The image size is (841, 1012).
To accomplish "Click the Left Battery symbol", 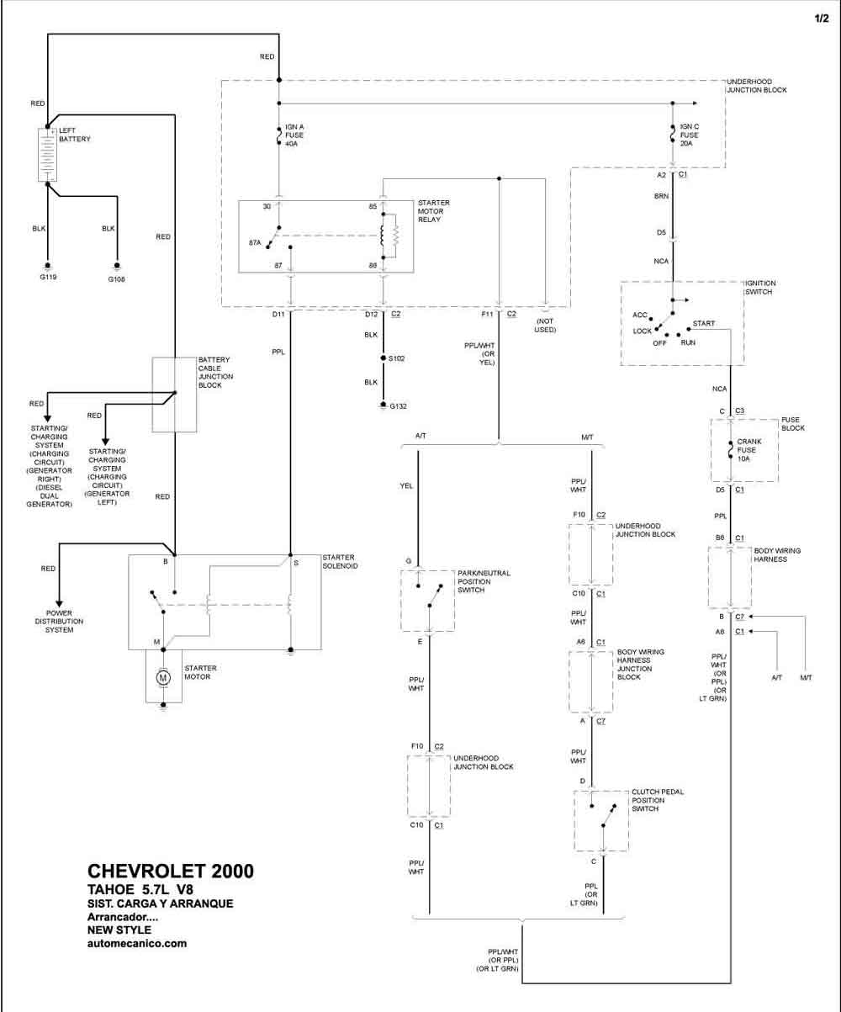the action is coord(47,155).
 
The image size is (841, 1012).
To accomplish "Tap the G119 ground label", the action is coord(48,278).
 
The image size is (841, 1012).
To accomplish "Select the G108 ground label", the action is coord(116,279).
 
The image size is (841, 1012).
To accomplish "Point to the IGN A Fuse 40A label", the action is coord(294,135).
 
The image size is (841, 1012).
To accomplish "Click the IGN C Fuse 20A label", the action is coord(689,135).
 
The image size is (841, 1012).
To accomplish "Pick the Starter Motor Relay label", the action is coord(434,211).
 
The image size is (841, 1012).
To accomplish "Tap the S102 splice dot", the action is coord(383,358).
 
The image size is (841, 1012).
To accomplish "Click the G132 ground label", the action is coord(399,406).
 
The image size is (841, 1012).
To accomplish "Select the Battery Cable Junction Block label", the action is coord(215,372).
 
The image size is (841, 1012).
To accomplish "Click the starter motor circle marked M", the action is coord(163,677).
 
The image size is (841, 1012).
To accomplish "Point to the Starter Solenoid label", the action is coord(340,561).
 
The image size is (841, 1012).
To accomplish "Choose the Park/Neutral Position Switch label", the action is coord(484,581).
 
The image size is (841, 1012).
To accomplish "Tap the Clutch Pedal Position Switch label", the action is coord(658,800).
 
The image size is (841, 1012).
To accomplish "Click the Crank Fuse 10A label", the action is coord(748,450).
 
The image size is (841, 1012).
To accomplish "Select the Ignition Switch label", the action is coord(760,288).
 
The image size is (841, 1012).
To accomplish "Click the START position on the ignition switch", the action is coord(703,323).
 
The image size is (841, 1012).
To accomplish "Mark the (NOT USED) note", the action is coord(545,326).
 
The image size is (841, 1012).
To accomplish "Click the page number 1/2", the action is coord(822,19).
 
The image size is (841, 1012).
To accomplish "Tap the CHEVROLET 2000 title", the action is coord(171,871).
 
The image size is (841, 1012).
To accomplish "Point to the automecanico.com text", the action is coord(137,943).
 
